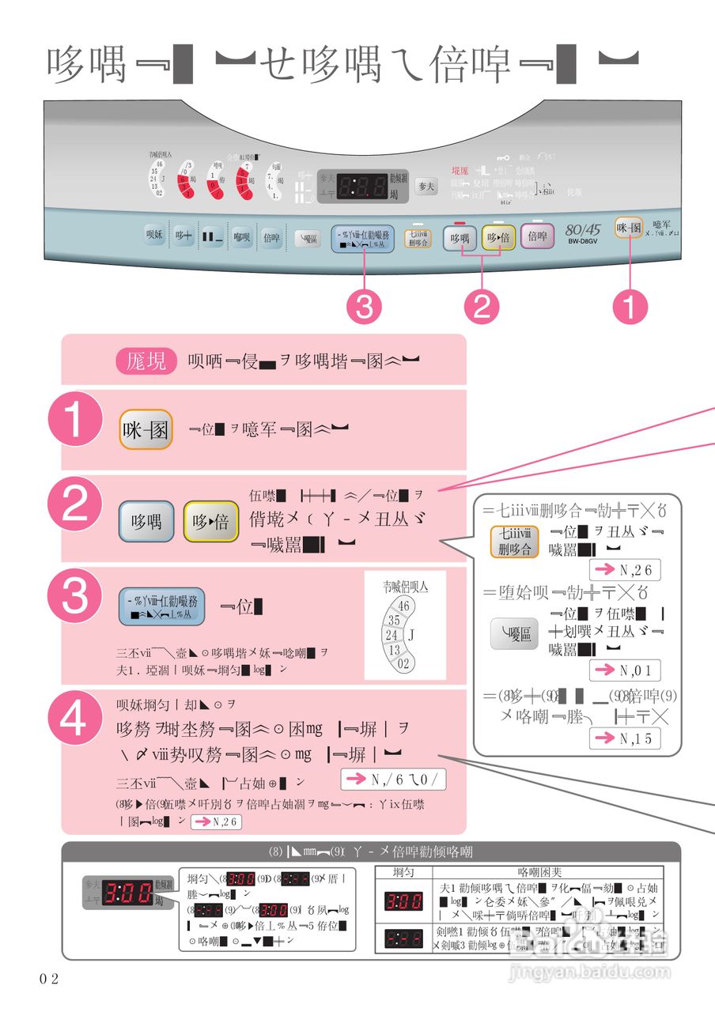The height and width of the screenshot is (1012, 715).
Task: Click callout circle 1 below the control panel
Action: tap(630, 307)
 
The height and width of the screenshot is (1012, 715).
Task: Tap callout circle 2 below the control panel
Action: tap(482, 307)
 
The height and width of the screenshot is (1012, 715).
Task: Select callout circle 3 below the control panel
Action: tap(364, 307)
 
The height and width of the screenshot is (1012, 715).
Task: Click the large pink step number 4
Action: tap(75, 723)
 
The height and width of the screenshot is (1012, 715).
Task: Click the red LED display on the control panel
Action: tap(362, 187)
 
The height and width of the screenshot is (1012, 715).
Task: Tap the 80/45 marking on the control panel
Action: tap(582, 229)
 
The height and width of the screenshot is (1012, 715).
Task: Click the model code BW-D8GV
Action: tap(583, 241)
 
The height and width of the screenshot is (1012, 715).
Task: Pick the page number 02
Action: tap(49, 979)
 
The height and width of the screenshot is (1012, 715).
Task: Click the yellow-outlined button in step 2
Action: tap(210, 522)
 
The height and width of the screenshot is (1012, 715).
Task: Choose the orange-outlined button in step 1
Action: tap(146, 430)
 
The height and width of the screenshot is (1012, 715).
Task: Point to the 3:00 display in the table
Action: tap(403, 901)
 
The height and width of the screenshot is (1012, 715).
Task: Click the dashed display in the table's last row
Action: tap(403, 938)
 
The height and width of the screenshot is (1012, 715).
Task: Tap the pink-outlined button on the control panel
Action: tap(538, 236)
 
